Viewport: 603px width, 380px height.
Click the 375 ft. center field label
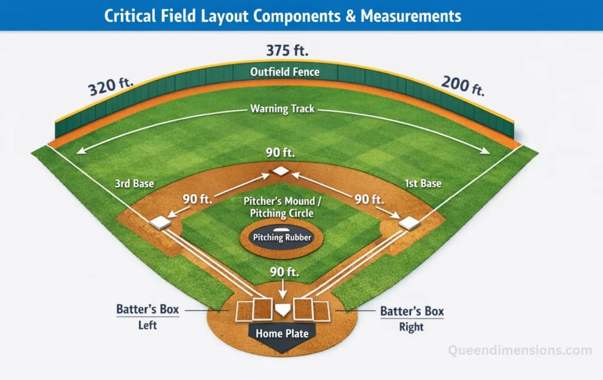[287, 51]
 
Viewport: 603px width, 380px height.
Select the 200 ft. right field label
[462, 85]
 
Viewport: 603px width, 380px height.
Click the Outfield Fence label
[285, 72]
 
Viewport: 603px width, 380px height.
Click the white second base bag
[281, 171]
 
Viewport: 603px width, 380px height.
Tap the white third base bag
[160, 223]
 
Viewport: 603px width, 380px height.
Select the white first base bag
[409, 223]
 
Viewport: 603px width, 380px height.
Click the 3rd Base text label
[135, 184]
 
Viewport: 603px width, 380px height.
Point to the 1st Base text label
[423, 184]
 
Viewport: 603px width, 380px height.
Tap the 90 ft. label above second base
[280, 153]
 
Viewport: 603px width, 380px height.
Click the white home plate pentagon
[283, 309]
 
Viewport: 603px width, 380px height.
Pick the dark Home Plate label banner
[282, 334]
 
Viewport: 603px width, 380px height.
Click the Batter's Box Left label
[148, 316]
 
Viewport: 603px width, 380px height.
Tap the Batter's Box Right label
[412, 318]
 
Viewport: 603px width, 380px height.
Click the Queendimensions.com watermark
[520, 351]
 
